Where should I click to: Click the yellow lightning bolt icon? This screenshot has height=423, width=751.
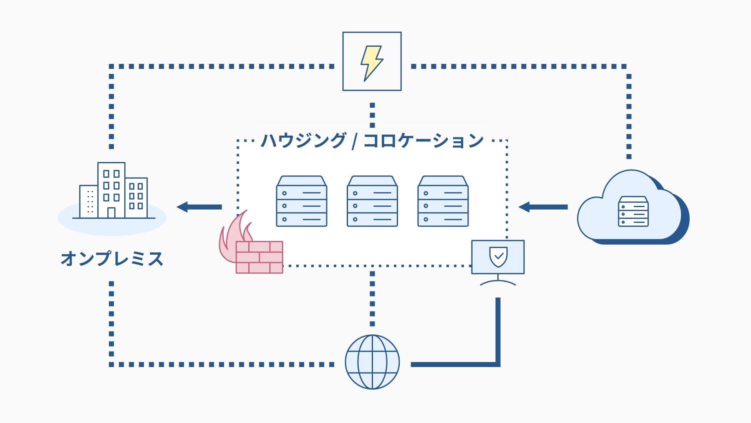371,63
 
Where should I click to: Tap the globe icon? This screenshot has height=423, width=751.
372,362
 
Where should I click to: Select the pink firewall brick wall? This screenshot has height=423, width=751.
259,257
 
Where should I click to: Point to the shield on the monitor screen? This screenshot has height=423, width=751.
498,256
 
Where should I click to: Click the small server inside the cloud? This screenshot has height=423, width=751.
633,212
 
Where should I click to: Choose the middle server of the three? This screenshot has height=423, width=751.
372,201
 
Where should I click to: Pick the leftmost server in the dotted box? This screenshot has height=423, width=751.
301,201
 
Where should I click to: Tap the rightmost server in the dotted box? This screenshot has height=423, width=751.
443,201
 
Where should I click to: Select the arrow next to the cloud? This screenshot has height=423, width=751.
542,207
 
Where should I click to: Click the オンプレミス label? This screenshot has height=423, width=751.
112,259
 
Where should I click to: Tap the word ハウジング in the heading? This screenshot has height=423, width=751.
303,141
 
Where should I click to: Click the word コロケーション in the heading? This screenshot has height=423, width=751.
423,141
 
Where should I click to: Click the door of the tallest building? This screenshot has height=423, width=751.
111,213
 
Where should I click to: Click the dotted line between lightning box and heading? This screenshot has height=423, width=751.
372,115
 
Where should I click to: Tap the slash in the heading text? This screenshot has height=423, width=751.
354,141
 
